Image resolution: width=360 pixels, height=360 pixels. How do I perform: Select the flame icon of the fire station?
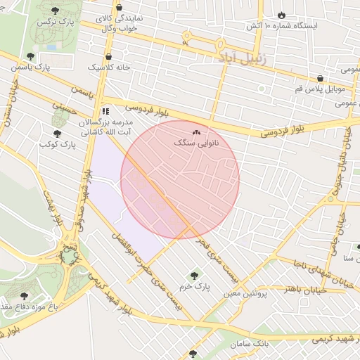[x=281, y=15]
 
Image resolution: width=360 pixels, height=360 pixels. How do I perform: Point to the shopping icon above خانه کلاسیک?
[x=108, y=57]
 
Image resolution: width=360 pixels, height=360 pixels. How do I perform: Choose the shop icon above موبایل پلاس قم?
[x=321, y=78]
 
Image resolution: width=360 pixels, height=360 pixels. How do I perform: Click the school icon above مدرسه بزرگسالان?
[x=105, y=110]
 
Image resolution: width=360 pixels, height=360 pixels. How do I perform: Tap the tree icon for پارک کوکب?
[x=57, y=133]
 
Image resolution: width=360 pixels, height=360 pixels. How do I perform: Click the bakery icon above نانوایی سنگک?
[x=196, y=131]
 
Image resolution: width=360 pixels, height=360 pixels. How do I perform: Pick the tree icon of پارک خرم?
[x=194, y=276]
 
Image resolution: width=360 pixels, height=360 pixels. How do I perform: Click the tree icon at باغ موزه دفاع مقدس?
[x=24, y=296]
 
